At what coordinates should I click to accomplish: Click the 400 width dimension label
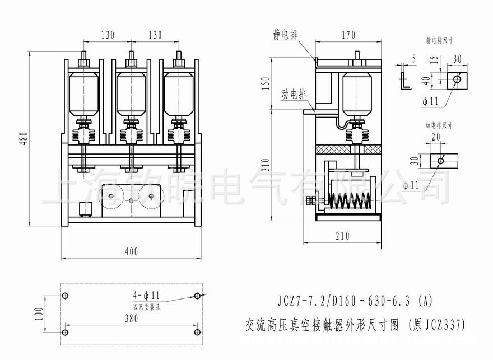(x=131, y=252)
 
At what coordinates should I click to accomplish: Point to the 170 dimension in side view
(x=348, y=35)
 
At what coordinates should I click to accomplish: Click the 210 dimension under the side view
(x=342, y=236)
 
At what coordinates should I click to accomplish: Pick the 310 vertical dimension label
(x=267, y=163)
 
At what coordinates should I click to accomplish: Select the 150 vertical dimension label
(x=267, y=83)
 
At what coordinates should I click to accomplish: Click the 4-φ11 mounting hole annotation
(x=147, y=294)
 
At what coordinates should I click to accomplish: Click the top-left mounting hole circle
(x=66, y=296)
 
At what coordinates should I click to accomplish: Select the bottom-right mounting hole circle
(x=197, y=332)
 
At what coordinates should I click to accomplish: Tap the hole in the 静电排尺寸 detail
(x=457, y=79)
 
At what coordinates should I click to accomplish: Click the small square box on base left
(x=86, y=209)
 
